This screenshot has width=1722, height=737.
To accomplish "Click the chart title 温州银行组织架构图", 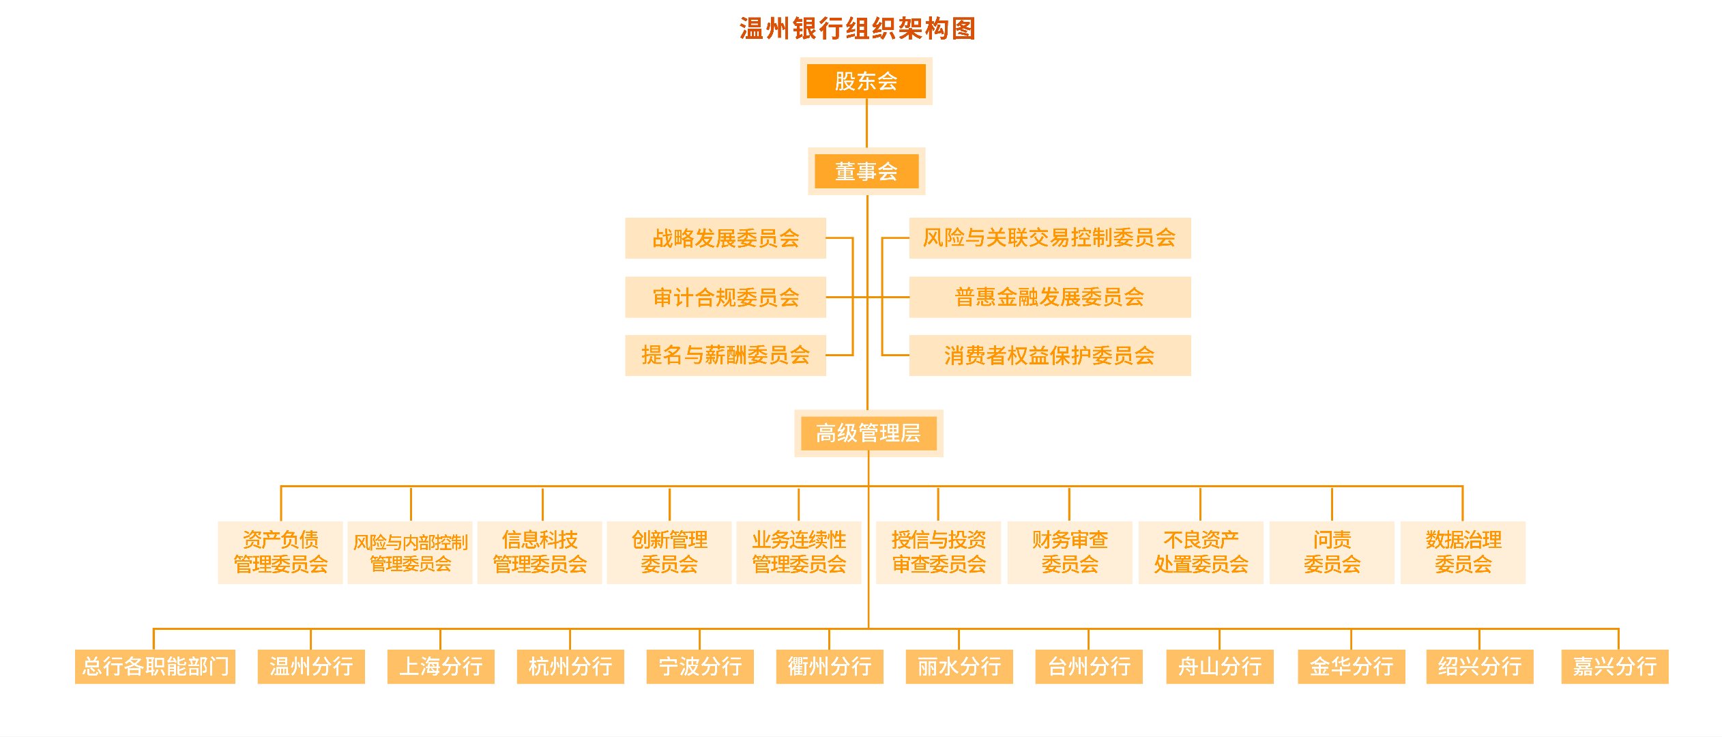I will point(858,29).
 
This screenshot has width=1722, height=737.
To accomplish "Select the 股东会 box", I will point(866,81).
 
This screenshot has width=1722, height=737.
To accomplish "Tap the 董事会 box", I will point(866,171).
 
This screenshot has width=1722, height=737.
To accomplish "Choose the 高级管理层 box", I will point(869,433).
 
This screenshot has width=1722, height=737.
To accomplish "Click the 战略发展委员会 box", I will point(725,238).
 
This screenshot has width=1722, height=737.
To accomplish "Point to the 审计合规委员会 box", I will point(725,298).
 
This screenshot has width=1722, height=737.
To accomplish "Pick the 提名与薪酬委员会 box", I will point(725,355).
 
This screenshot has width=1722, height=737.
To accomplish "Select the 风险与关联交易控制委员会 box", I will point(1049,238).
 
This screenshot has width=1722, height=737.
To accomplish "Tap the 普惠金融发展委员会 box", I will point(1049,298).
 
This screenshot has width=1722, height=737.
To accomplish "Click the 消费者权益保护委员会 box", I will point(1049,355).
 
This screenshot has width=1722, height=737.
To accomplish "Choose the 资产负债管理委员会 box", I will point(280,552).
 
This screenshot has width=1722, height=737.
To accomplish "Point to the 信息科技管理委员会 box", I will point(540,552).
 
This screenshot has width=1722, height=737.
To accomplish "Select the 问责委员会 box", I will point(1332,552).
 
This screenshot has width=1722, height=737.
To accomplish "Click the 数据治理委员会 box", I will point(1463,552).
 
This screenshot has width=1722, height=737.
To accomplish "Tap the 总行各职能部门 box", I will point(155,666).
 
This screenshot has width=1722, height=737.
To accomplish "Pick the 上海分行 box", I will point(441,666).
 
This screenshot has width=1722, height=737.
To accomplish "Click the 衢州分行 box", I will point(830,666).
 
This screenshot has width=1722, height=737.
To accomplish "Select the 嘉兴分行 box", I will point(1615,666).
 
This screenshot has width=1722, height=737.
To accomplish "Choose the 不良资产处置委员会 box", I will point(1201,552).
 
